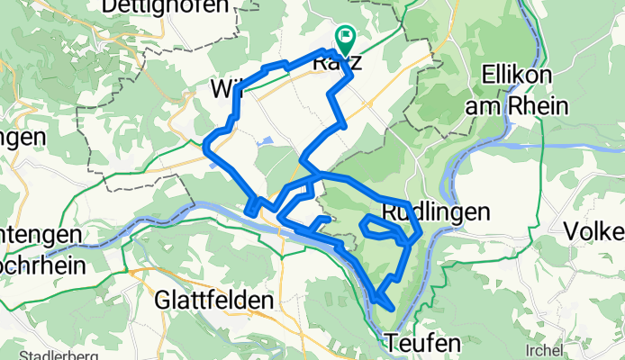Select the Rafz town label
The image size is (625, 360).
point(337,64)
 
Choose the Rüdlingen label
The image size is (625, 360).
point(437,212)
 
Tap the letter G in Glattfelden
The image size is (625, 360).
point(164,300)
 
